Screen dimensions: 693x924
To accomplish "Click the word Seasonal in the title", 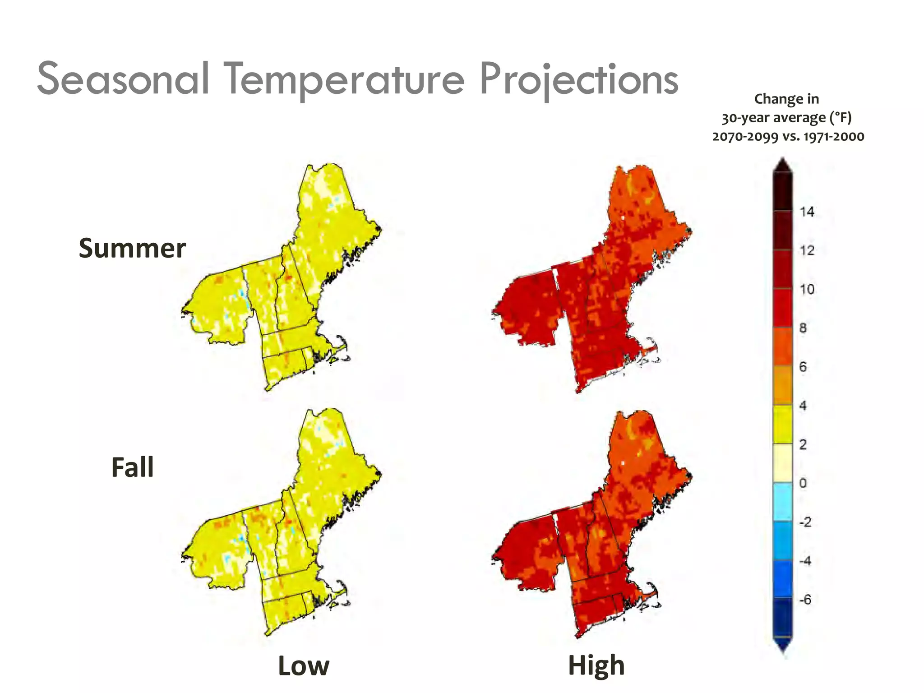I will pyautogui.click(x=123, y=79).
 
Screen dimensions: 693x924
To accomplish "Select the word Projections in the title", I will pyautogui.click(x=579, y=80).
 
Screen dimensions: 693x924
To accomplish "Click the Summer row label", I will pyautogui.click(x=132, y=249).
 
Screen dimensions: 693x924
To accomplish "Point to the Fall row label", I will pyautogui.click(x=132, y=467).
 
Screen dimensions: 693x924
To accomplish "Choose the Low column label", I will pyautogui.click(x=304, y=666).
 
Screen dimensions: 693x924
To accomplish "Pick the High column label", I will pyautogui.click(x=596, y=665).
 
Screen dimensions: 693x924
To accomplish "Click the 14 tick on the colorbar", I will pyautogui.click(x=807, y=212).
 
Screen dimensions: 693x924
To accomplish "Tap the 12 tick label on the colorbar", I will pyautogui.click(x=807, y=250).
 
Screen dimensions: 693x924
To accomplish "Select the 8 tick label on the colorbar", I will pyautogui.click(x=803, y=328).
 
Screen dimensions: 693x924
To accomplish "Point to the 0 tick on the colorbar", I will pyautogui.click(x=803, y=483).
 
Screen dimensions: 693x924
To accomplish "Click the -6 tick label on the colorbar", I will pyautogui.click(x=805, y=600).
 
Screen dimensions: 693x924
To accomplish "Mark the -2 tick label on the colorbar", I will pyautogui.click(x=805, y=522).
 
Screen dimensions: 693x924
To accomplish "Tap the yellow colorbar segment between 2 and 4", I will pyautogui.click(x=783, y=425).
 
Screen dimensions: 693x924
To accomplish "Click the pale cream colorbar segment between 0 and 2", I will pyautogui.click(x=783, y=463).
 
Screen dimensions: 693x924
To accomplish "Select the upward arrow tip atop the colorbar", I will pyautogui.click(x=783, y=163).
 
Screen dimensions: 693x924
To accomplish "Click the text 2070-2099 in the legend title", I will pyautogui.click(x=745, y=137).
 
